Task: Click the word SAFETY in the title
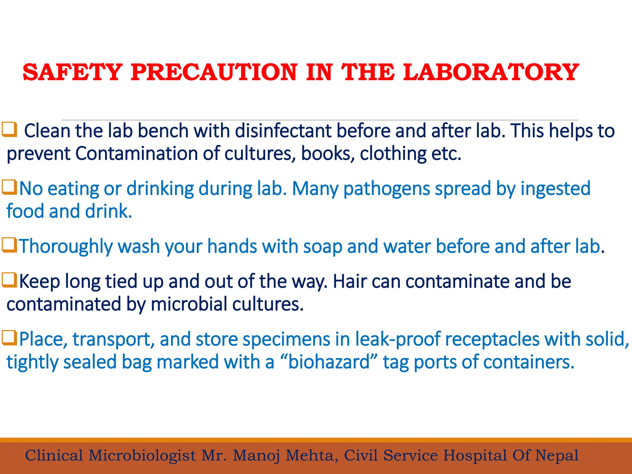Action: (73, 72)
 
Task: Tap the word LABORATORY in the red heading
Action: (491, 72)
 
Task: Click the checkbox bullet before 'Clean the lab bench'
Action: (9, 130)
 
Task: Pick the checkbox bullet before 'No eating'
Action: (9, 187)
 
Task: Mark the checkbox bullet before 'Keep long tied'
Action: (9, 280)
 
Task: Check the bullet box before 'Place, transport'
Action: (9, 338)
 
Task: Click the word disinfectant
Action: (283, 131)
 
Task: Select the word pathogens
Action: (386, 189)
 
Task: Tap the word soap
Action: (322, 247)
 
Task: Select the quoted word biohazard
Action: (329, 362)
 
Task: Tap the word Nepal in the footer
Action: (557, 456)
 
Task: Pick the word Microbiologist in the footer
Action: (142, 456)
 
